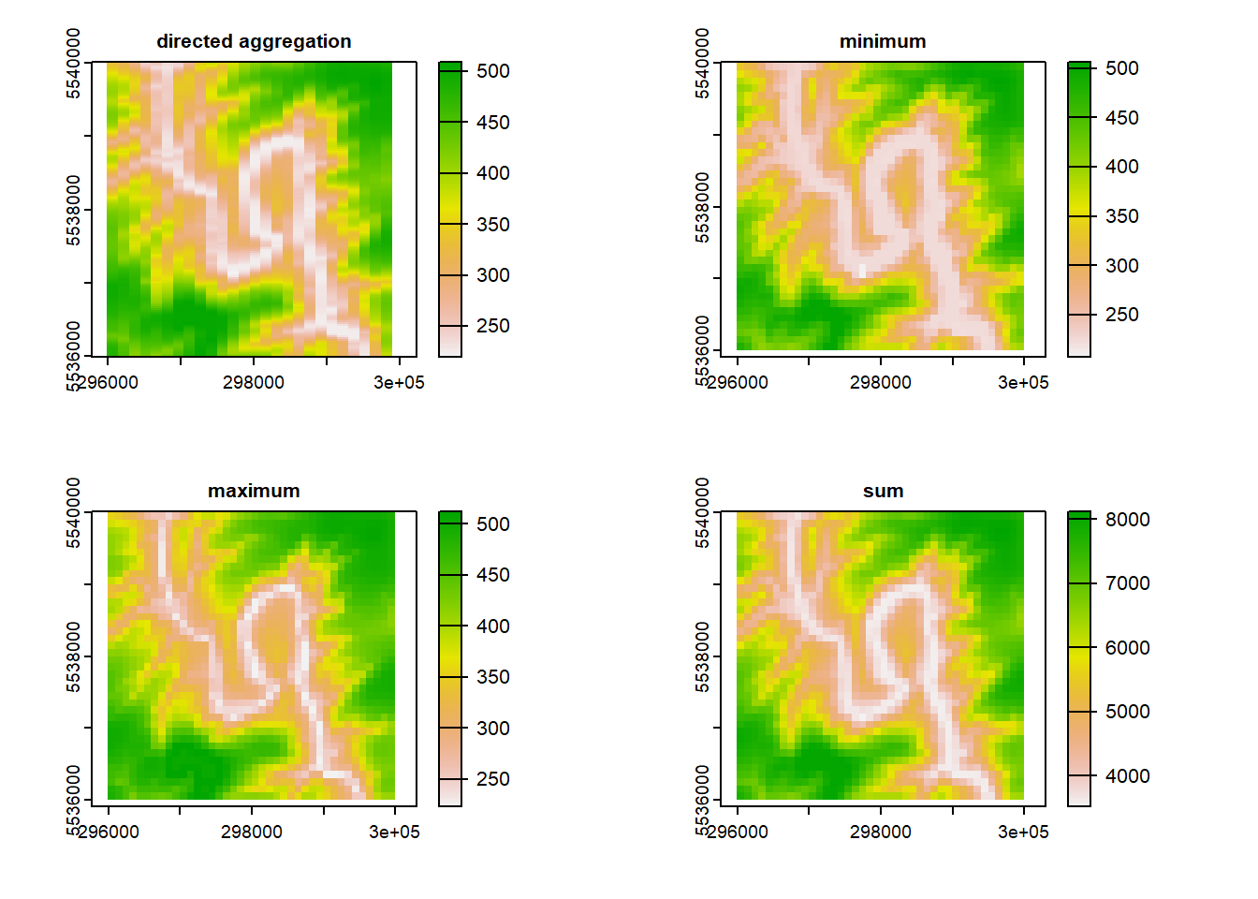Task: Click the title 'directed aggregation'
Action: [x=254, y=41]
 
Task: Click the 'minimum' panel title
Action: [x=883, y=41]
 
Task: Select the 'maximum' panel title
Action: [x=254, y=491]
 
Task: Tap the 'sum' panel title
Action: [x=883, y=491]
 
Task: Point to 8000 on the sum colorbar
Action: [x=1127, y=520]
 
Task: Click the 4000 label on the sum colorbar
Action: [x=1127, y=776]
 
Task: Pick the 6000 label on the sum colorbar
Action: [x=1127, y=648]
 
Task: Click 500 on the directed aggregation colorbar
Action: [x=492, y=71]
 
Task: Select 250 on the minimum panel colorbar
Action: [x=1121, y=315]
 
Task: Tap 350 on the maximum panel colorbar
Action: [x=492, y=677]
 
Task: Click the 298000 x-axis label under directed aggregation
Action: [x=253, y=382]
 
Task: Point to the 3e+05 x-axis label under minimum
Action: [x=1023, y=382]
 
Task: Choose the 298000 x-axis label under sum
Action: [x=880, y=832]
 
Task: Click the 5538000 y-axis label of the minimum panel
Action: [x=703, y=208]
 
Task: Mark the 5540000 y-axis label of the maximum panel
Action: [x=74, y=513]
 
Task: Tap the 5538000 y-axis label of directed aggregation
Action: [x=74, y=211]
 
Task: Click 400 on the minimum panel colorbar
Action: [x=1121, y=167]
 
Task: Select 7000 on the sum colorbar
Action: [x=1127, y=583]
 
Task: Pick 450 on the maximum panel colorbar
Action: [x=492, y=575]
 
